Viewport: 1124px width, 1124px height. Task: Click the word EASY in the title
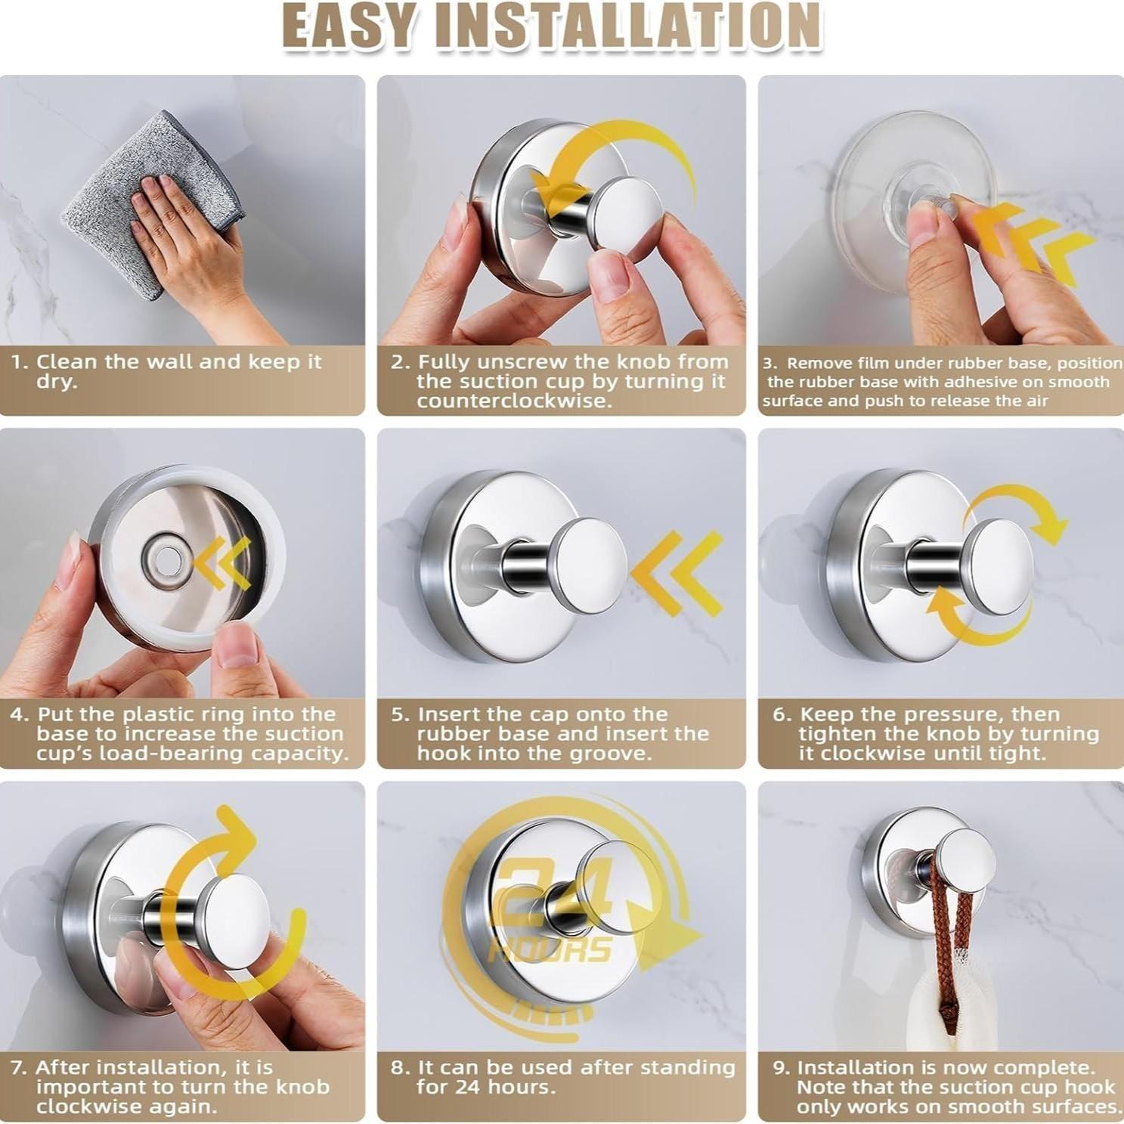click(351, 26)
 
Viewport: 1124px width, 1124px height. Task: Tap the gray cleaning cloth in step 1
click(113, 204)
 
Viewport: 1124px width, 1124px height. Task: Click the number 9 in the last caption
click(781, 1068)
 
